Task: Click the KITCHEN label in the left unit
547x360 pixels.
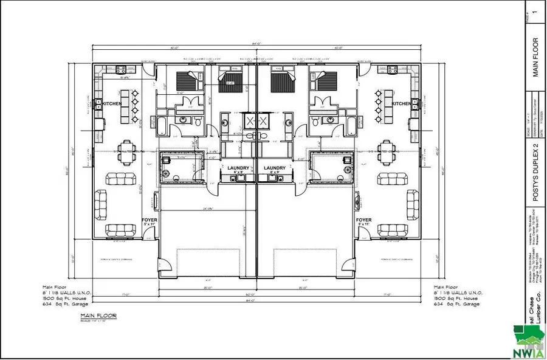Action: pos(112,104)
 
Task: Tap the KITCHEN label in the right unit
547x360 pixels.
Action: pos(401,104)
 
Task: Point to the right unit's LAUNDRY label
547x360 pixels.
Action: pos(275,168)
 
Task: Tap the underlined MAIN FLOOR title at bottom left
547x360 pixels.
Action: pos(98,316)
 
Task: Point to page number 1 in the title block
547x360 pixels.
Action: pos(535,11)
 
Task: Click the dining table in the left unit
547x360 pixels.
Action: pos(125,150)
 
